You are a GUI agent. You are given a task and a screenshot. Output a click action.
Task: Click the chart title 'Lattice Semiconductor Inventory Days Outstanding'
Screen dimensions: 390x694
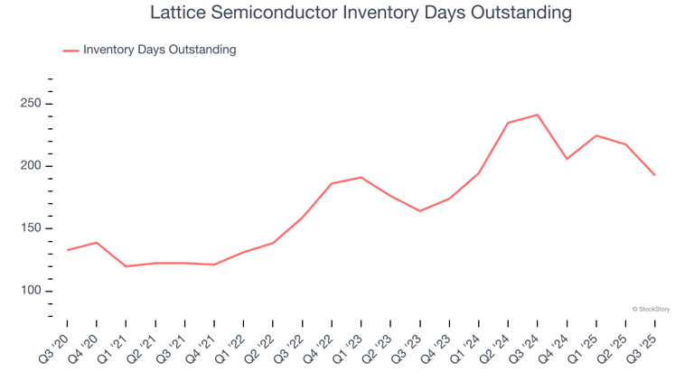point(347,14)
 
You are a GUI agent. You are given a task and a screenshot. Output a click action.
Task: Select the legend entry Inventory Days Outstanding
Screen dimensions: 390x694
point(159,50)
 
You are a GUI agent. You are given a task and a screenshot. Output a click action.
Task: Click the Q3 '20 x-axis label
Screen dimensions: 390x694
point(55,345)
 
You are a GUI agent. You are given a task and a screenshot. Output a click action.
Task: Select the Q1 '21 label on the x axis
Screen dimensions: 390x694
point(114,345)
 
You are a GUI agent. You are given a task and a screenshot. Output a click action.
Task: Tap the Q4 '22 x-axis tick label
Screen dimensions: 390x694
point(320,345)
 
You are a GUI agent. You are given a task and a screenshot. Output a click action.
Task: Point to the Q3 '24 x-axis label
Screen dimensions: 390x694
point(526,345)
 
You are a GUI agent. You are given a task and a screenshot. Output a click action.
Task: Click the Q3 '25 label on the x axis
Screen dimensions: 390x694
point(643,345)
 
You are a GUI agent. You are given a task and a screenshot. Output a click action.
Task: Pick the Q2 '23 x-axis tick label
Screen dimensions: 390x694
point(379,345)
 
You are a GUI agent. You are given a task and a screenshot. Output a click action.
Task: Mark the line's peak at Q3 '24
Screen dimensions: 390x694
point(538,115)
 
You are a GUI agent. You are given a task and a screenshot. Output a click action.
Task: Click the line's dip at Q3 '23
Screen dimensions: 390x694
point(420,211)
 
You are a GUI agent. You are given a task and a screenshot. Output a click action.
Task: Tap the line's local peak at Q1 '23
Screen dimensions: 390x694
point(361,177)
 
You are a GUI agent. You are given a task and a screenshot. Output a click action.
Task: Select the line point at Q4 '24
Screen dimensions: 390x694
point(567,159)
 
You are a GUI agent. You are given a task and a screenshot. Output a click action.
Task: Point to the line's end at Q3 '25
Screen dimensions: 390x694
point(655,175)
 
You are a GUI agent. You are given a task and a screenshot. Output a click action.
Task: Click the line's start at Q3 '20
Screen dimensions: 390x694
point(68,250)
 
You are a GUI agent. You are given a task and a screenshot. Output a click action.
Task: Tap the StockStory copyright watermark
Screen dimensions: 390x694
point(651,309)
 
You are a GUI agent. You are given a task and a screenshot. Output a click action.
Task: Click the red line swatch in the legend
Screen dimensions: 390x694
point(70,51)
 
